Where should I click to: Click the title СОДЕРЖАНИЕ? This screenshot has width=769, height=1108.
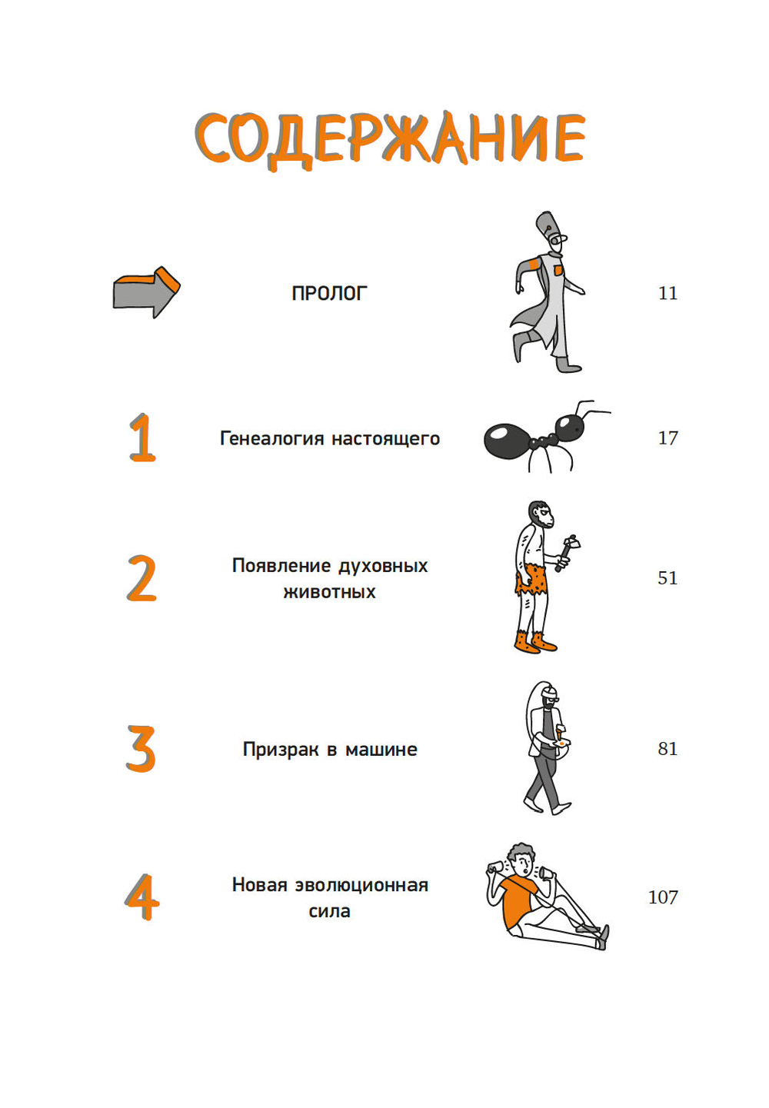pos(390,139)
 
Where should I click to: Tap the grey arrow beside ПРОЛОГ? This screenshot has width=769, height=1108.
pos(146,292)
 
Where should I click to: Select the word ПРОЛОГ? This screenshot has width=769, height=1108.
pos(330,293)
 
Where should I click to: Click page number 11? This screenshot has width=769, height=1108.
pos(667,293)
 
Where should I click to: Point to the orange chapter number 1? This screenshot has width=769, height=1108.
pos(142,438)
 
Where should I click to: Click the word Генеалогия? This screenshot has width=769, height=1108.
pos(271,439)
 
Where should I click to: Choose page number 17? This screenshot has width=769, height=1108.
pos(667,438)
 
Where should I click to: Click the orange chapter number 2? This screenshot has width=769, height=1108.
pos(141,578)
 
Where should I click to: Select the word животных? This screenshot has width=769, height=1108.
pos(330,592)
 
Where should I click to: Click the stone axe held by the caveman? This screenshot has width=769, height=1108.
pos(567,552)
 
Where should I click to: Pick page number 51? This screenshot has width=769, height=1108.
pos(667,577)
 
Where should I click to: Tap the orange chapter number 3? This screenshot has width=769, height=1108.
pos(141,748)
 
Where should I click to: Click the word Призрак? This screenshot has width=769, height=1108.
pos(281,750)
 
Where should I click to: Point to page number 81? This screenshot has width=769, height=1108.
pos(667,749)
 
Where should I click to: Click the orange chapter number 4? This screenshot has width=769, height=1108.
pos(141,897)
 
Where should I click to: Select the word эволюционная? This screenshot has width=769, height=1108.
pos(361,885)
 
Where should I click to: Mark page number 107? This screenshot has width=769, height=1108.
pos(663,897)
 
